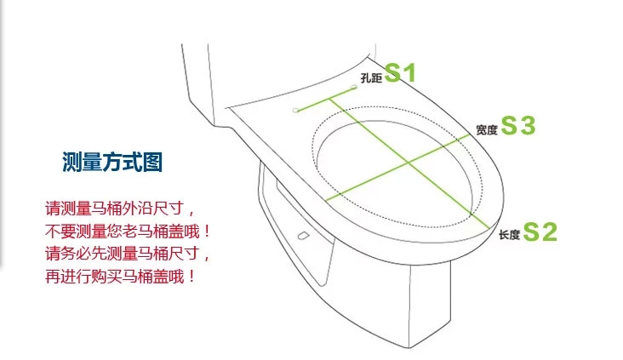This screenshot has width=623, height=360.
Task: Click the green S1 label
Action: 400,74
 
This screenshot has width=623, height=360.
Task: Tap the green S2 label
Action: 540,231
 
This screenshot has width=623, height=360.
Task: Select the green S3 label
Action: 518,127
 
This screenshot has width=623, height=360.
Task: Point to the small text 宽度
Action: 487,130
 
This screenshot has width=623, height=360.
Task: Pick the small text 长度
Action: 509,234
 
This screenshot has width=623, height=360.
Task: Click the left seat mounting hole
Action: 295,110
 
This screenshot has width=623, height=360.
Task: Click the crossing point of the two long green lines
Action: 408,161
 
